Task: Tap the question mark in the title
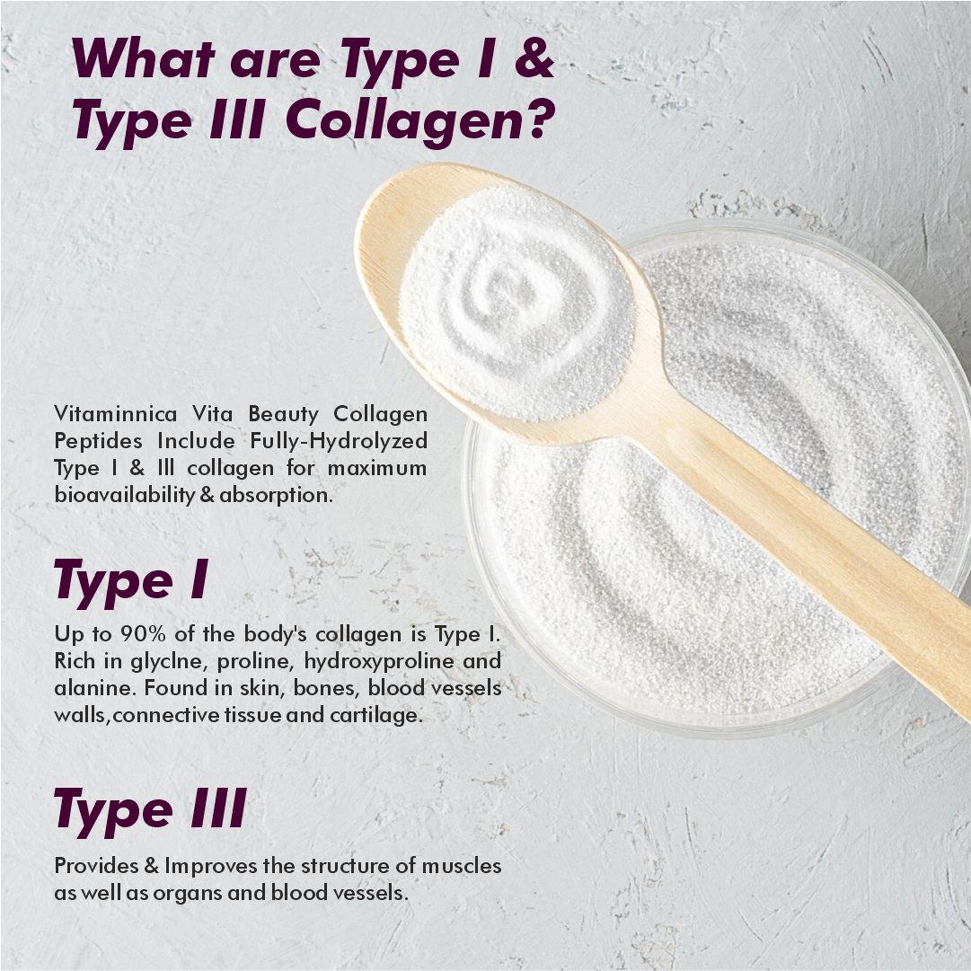point(534,122)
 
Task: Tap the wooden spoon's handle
point(808,557)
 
